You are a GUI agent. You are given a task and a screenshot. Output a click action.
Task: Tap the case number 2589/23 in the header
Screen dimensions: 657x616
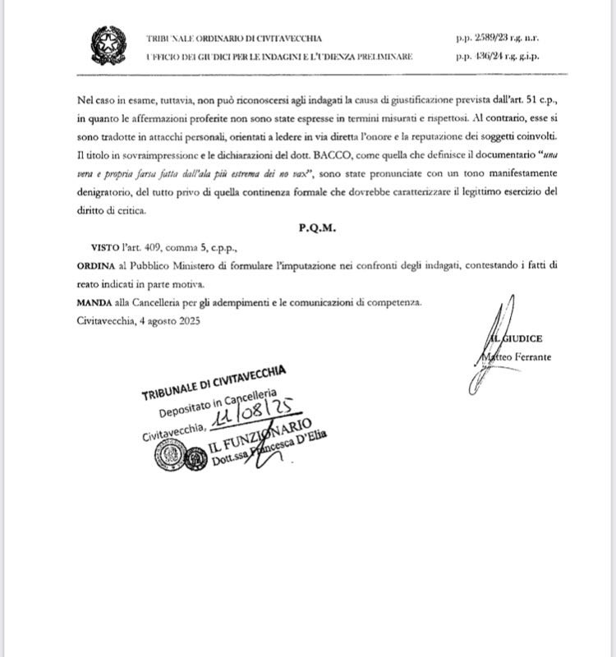tap(487, 38)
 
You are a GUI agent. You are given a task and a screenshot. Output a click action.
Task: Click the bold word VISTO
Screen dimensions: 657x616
tap(106, 246)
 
